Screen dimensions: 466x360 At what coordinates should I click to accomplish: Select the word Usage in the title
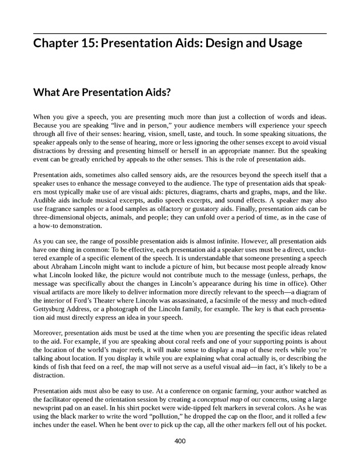tap(281, 43)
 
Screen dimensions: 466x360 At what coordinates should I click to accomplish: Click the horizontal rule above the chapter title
tap(180, 34)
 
